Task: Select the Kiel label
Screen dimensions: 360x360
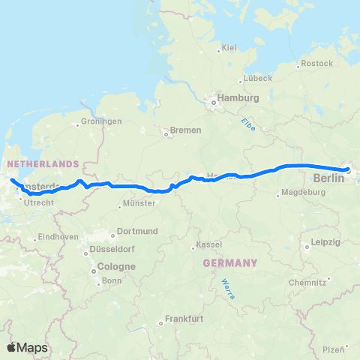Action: pyautogui.click(x=229, y=48)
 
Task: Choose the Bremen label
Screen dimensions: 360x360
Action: pyautogui.click(x=186, y=130)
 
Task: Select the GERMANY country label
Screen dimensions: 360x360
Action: pyautogui.click(x=229, y=263)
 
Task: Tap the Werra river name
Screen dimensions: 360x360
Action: pyautogui.click(x=227, y=289)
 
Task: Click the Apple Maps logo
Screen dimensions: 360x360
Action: pyautogui.click(x=27, y=347)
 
